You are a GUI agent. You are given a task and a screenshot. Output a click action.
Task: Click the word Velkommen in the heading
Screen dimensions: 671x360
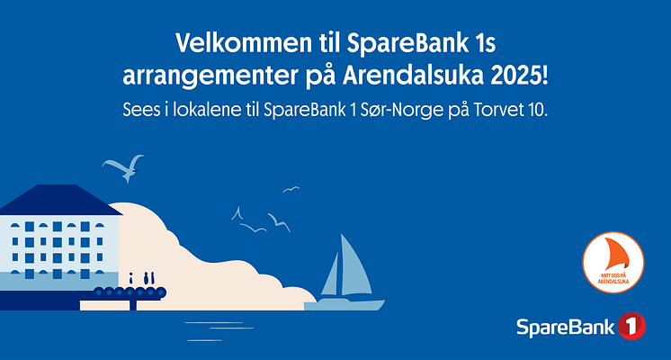coord(244,43)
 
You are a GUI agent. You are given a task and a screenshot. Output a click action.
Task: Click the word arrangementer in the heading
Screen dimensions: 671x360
coord(210,77)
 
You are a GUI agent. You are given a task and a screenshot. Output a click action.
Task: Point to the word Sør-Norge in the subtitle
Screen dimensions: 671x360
coord(402,110)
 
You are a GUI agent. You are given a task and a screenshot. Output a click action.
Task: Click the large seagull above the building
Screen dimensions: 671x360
coord(123,167)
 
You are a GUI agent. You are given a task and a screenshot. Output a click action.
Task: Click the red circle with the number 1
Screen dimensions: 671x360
coord(631,326)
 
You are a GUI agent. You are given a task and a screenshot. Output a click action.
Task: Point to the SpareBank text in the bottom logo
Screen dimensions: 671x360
coord(566,328)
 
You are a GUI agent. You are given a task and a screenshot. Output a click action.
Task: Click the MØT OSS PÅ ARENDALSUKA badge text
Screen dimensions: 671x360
coord(613,278)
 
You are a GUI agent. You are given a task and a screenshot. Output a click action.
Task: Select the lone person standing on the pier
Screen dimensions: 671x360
coord(131,279)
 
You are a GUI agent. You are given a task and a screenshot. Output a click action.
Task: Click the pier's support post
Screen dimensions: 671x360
coord(133,304)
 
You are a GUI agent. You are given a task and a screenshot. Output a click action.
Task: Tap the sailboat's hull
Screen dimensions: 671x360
coord(344,305)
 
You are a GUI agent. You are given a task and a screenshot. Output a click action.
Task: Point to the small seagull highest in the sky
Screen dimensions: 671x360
coord(291,189)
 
